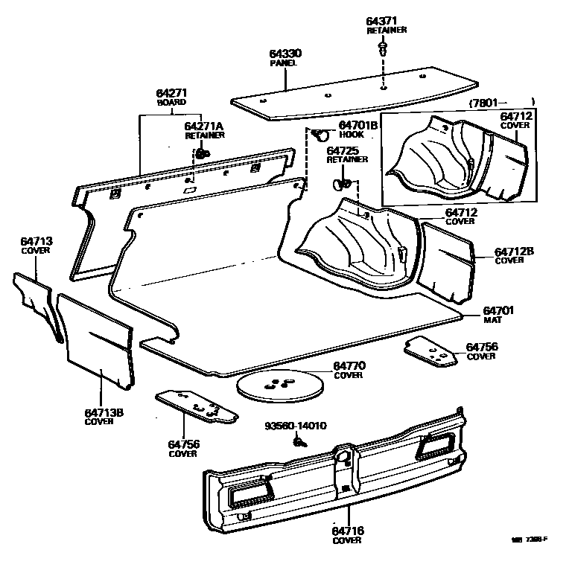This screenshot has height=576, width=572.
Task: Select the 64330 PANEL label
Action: pyautogui.click(x=283, y=58)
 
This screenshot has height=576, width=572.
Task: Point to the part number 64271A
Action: pyautogui.click(x=203, y=127)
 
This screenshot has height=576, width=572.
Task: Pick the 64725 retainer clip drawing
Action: pyautogui.click(x=342, y=181)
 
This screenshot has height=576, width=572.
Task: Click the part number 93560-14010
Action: pyautogui.click(x=296, y=426)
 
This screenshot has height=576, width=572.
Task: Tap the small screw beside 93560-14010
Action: pyautogui.click(x=299, y=442)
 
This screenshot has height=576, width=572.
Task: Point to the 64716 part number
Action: pyautogui.click(x=348, y=531)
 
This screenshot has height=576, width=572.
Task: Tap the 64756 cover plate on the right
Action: pyautogui.click(x=430, y=351)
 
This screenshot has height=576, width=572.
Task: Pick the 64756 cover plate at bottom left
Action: pyautogui.click(x=196, y=406)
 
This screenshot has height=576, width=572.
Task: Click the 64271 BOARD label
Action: pyautogui.click(x=171, y=97)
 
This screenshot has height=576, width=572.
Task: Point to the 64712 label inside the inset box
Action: pyautogui.click(x=515, y=120)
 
